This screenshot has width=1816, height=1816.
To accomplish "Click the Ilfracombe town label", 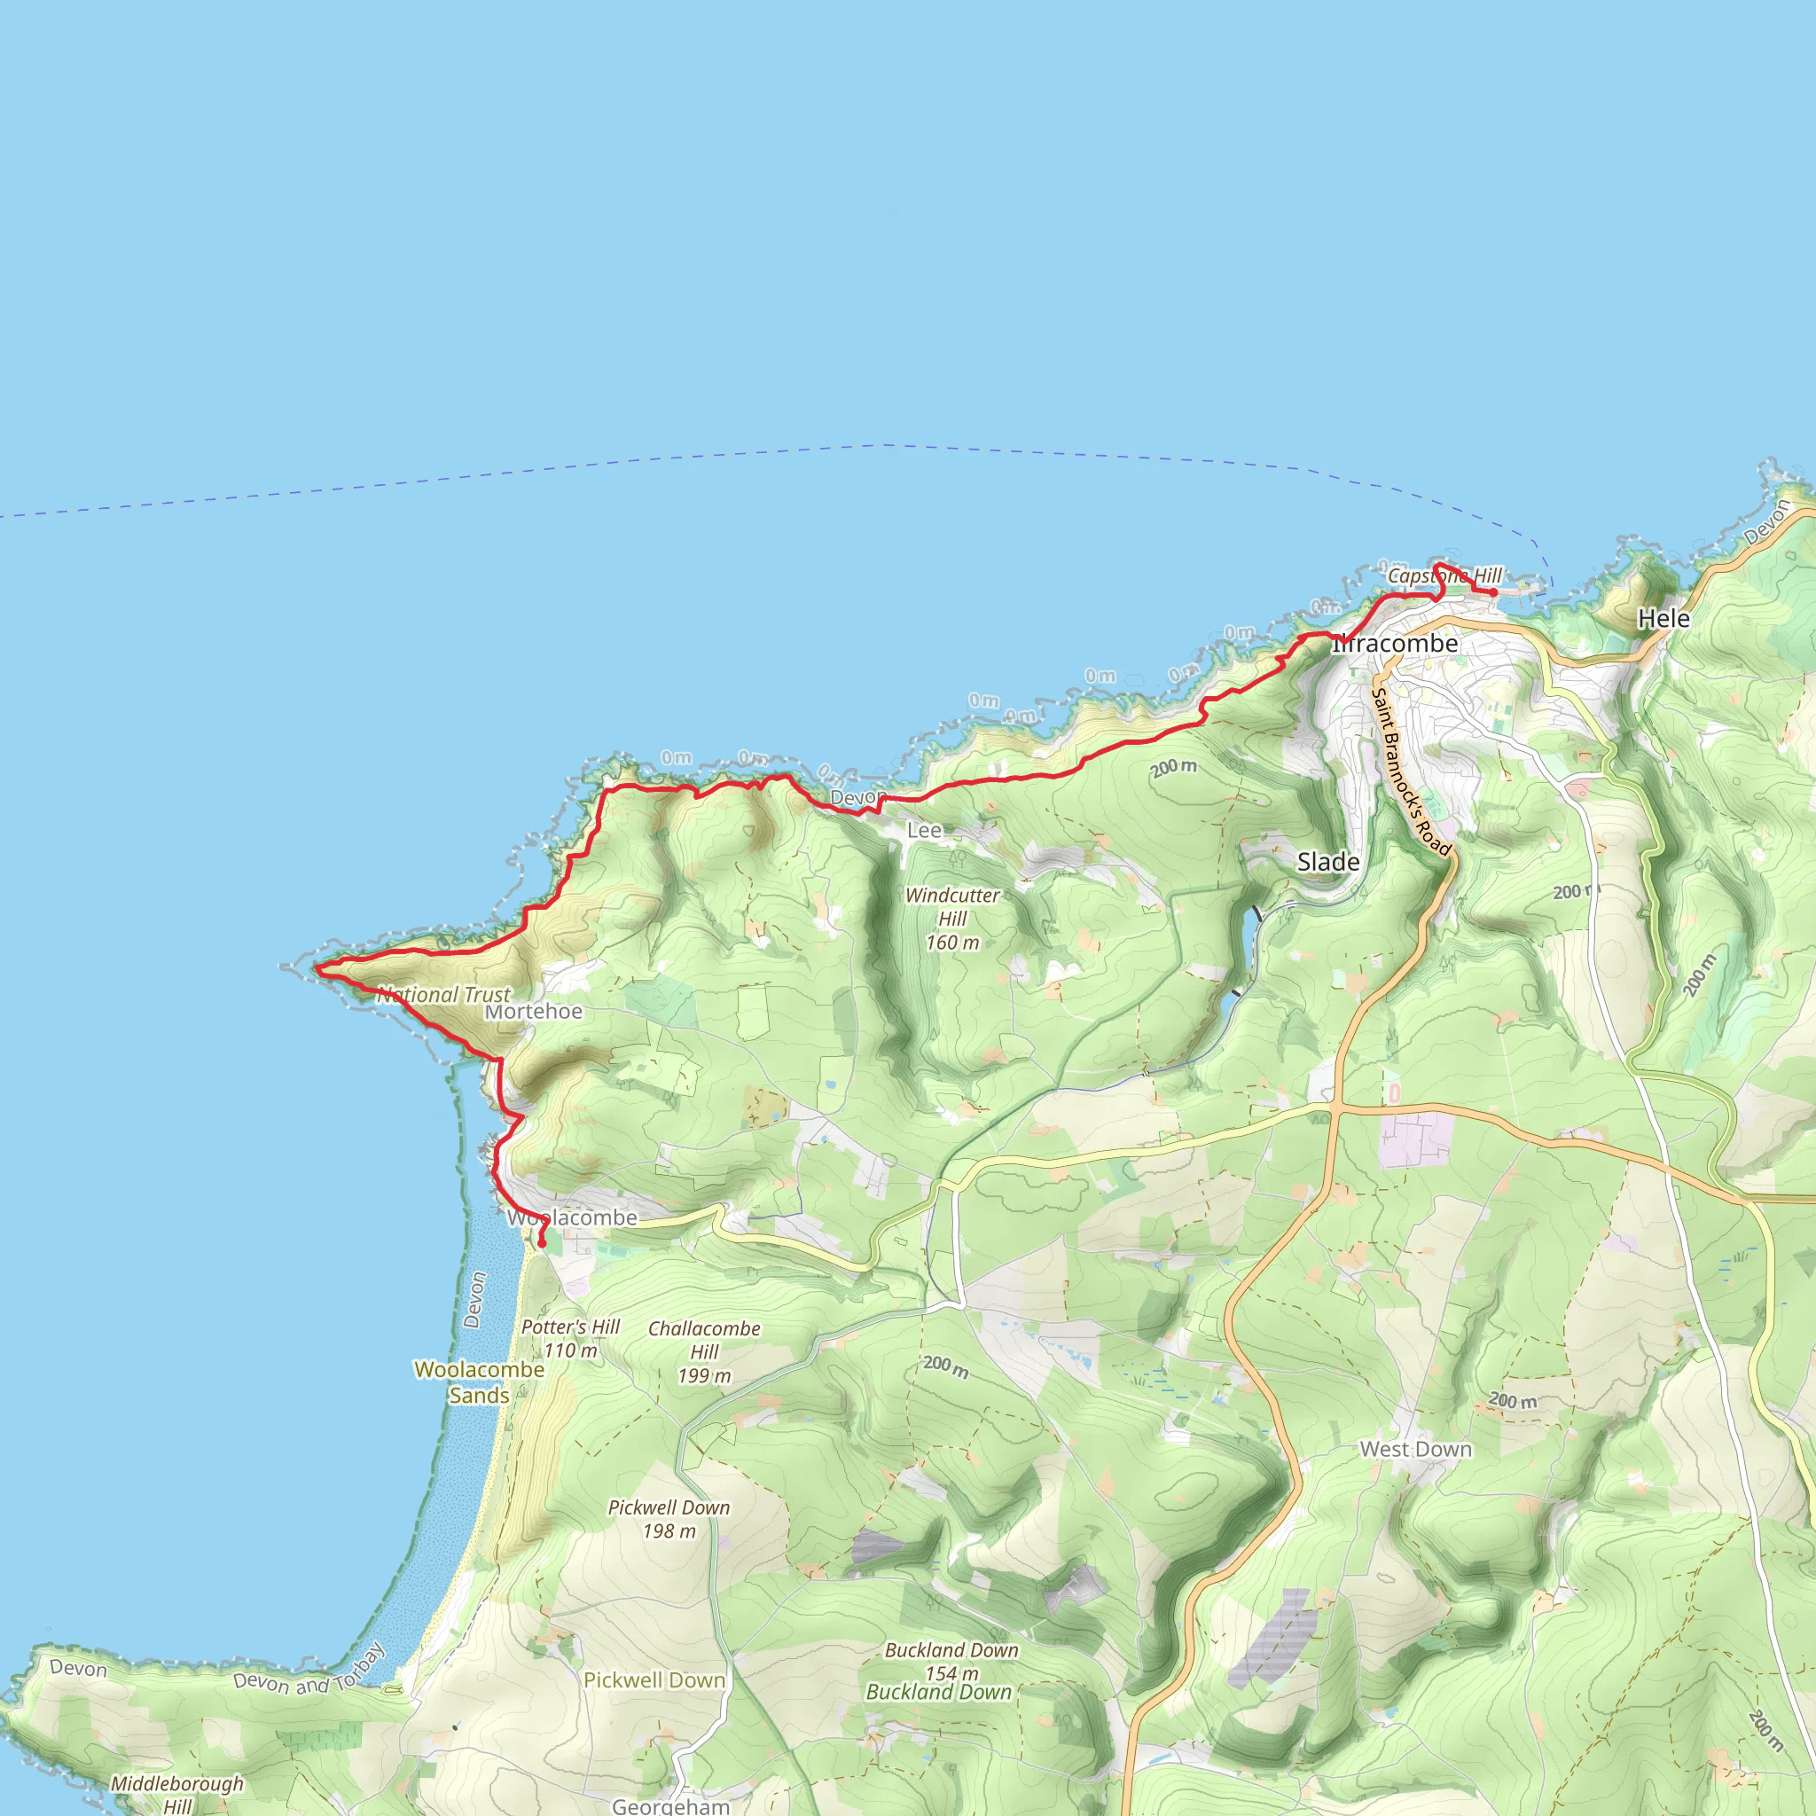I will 1395,644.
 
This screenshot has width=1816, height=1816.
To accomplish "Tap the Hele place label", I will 1663,619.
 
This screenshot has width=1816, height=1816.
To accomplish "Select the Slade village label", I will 1327,862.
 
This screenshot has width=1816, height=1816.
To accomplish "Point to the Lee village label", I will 924,830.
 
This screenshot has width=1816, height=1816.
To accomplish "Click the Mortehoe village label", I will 533,1012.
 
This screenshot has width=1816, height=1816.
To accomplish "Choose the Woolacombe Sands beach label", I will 480,1382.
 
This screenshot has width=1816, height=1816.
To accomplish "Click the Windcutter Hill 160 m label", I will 952,919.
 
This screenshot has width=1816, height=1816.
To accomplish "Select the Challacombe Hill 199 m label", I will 704,1351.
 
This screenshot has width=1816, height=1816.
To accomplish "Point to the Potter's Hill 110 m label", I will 570,1338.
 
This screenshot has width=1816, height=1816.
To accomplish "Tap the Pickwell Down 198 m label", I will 669,1519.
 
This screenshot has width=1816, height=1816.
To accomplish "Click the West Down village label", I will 1415,1450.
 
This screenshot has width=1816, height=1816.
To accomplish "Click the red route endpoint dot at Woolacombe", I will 542,1243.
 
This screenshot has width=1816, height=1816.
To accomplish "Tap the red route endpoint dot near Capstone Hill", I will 1493,592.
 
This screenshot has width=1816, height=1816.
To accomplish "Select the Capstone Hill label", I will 1444,575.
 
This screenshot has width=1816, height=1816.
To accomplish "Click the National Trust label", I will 443,995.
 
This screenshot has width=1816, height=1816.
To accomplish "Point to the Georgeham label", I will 670,1805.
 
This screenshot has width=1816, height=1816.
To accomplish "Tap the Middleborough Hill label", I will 176,1794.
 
